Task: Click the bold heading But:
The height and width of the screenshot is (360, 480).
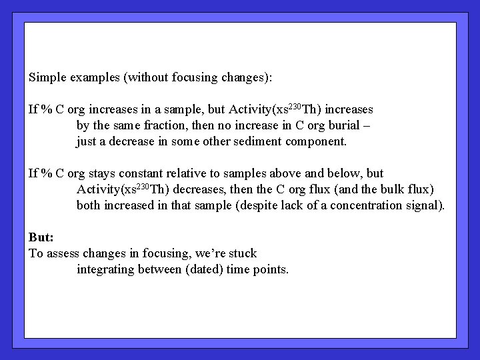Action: pos(41,237)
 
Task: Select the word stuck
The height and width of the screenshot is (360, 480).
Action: pos(241,253)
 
